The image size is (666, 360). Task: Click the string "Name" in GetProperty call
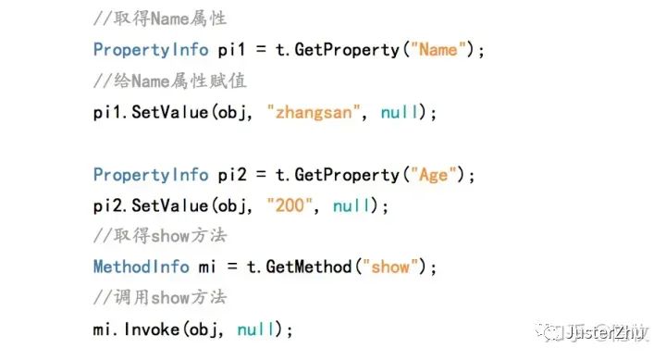pos(438,50)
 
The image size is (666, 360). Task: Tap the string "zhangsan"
pos(314,113)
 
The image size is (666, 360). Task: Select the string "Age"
pos(433,175)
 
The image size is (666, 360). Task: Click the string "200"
pos(290,205)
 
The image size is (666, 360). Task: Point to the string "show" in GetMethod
pos(390,267)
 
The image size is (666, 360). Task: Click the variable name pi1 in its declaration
pos(231,50)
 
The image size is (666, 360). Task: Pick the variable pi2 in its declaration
pos(232,175)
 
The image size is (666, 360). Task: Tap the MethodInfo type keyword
pos(142,267)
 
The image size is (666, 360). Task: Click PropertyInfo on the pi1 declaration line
pos(151,50)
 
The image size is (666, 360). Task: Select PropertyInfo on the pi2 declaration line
pos(151,175)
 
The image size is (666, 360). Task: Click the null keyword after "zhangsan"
pos(400,113)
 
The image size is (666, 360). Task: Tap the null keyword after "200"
pos(351,206)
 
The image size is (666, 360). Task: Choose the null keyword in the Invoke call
pos(255,329)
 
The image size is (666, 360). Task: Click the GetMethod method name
pos(309,267)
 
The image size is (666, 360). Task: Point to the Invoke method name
pos(152,329)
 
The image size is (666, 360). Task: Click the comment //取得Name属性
pos(160,19)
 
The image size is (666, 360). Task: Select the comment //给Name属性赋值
pos(170,81)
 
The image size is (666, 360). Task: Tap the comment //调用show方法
pos(160,297)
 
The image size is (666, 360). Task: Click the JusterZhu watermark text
pos(604,332)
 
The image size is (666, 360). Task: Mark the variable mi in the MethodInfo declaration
pos(207,267)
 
